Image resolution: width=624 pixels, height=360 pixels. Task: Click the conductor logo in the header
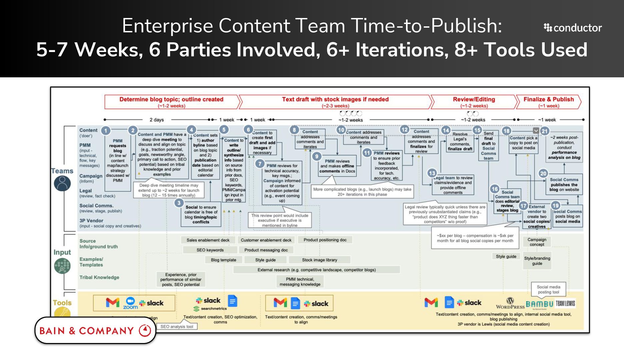click(573, 28)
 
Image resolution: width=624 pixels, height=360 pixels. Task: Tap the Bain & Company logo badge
click(95, 330)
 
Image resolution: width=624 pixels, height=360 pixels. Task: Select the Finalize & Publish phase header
click(548, 102)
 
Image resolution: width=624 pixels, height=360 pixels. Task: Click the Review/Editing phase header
click(474, 102)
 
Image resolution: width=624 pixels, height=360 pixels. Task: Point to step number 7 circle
click(260, 164)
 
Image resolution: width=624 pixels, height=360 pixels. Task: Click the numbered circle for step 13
click(432, 173)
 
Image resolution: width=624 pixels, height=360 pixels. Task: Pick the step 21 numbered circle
click(545, 131)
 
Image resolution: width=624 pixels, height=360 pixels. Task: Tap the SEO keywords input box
click(210, 250)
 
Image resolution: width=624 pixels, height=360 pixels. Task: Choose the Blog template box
click(223, 260)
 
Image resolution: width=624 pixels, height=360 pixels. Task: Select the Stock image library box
click(319, 260)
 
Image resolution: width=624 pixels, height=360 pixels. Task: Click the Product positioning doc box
click(325, 240)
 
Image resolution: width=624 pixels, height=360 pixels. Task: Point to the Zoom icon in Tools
click(130, 303)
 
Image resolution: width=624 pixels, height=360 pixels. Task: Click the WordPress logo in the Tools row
click(510, 303)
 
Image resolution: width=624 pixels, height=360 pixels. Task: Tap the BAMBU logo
click(539, 304)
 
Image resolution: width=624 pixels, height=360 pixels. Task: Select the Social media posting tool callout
click(548, 289)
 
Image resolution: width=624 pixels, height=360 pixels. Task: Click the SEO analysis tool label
click(177, 327)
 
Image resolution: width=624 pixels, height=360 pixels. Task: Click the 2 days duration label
click(157, 120)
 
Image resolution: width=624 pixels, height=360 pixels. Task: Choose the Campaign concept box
click(537, 242)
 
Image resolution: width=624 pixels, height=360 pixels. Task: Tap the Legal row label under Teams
click(86, 191)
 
